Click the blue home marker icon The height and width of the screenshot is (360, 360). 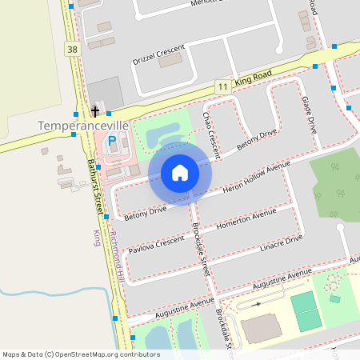pyautogui.click(x=180, y=172)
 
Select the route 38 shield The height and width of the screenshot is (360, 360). pyautogui.click(x=74, y=50)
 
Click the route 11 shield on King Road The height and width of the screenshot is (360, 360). pyautogui.click(x=222, y=86)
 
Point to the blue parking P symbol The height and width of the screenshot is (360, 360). pyautogui.click(x=112, y=141)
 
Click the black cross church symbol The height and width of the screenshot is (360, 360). pyautogui.click(x=94, y=111)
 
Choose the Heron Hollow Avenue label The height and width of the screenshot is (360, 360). pyautogui.click(x=256, y=178)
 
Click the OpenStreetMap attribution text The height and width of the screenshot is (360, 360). pyautogui.click(x=81, y=354)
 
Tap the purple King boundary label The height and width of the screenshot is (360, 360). pyautogui.click(x=97, y=238)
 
